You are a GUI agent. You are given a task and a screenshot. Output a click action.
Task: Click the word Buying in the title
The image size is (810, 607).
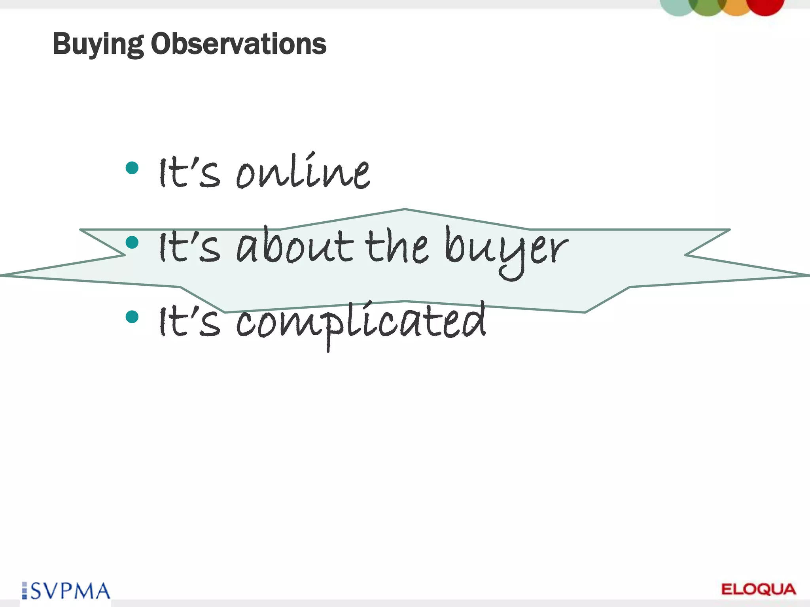coord(98,44)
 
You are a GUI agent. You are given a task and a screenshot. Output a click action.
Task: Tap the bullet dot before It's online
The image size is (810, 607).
coord(132,168)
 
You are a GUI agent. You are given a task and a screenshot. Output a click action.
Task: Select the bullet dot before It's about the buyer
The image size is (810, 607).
coord(132,242)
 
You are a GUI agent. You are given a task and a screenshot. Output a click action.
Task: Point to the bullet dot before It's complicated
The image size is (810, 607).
coord(132,317)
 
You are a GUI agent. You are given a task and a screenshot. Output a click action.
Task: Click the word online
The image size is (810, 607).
coord(303,172)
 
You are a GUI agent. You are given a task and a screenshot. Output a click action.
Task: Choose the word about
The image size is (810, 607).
coord(295,246)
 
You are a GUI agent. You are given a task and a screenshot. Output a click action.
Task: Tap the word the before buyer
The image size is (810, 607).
coord(396,246)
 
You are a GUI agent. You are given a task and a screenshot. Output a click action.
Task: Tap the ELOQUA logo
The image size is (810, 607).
coord(759,589)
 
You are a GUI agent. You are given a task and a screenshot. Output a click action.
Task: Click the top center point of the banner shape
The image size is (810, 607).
coord(405,209)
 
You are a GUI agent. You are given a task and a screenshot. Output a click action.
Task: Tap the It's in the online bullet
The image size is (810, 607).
coord(189,172)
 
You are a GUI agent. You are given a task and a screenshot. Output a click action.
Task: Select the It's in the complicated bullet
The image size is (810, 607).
coord(189,321)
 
